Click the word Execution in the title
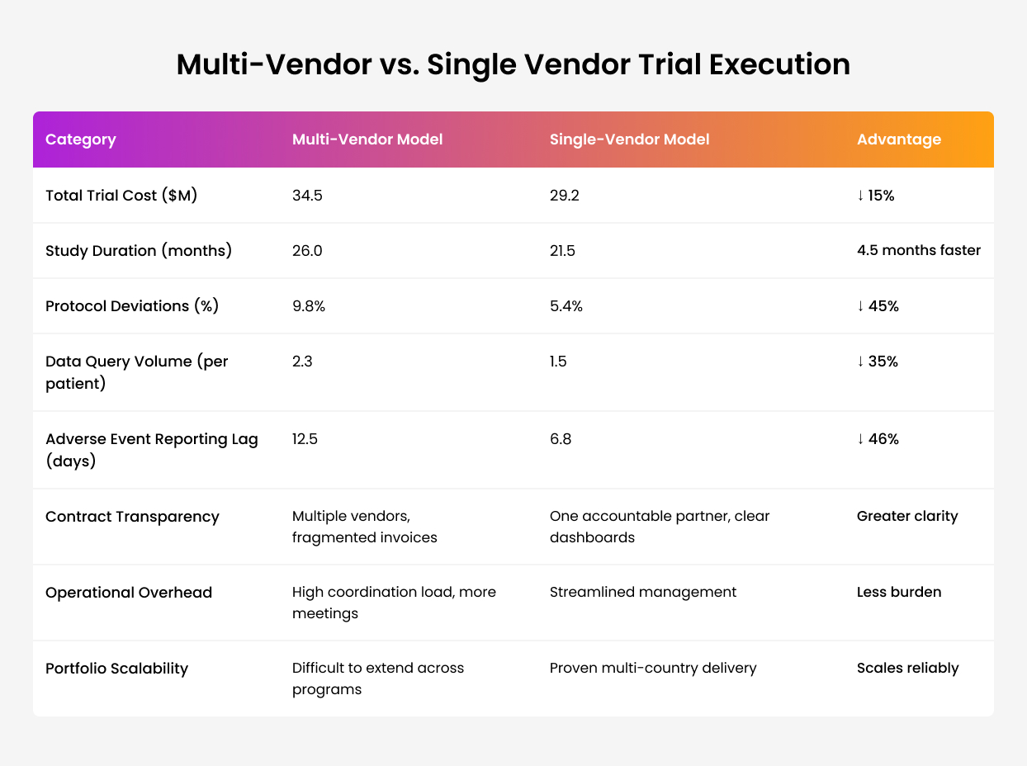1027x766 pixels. click(779, 64)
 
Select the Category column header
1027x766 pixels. click(80, 139)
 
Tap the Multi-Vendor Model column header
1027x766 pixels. click(367, 139)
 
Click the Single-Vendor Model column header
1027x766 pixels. click(629, 139)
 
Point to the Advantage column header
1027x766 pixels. click(899, 139)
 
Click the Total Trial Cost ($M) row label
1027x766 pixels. click(121, 195)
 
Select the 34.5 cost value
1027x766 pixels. click(307, 195)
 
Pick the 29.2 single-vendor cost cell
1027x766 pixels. click(564, 195)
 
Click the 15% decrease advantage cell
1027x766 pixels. click(875, 195)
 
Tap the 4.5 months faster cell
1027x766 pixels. click(919, 250)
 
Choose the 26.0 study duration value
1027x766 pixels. click(307, 251)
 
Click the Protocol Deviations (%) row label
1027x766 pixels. click(132, 306)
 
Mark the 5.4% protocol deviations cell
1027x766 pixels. click(566, 306)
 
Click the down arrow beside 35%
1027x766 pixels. click(860, 361)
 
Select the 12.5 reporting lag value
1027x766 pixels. click(305, 438)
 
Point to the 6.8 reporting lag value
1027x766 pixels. click(561, 438)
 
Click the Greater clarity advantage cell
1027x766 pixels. click(907, 516)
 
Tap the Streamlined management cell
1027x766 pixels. click(643, 592)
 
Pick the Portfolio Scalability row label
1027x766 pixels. click(116, 669)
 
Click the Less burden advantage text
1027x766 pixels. click(899, 592)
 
